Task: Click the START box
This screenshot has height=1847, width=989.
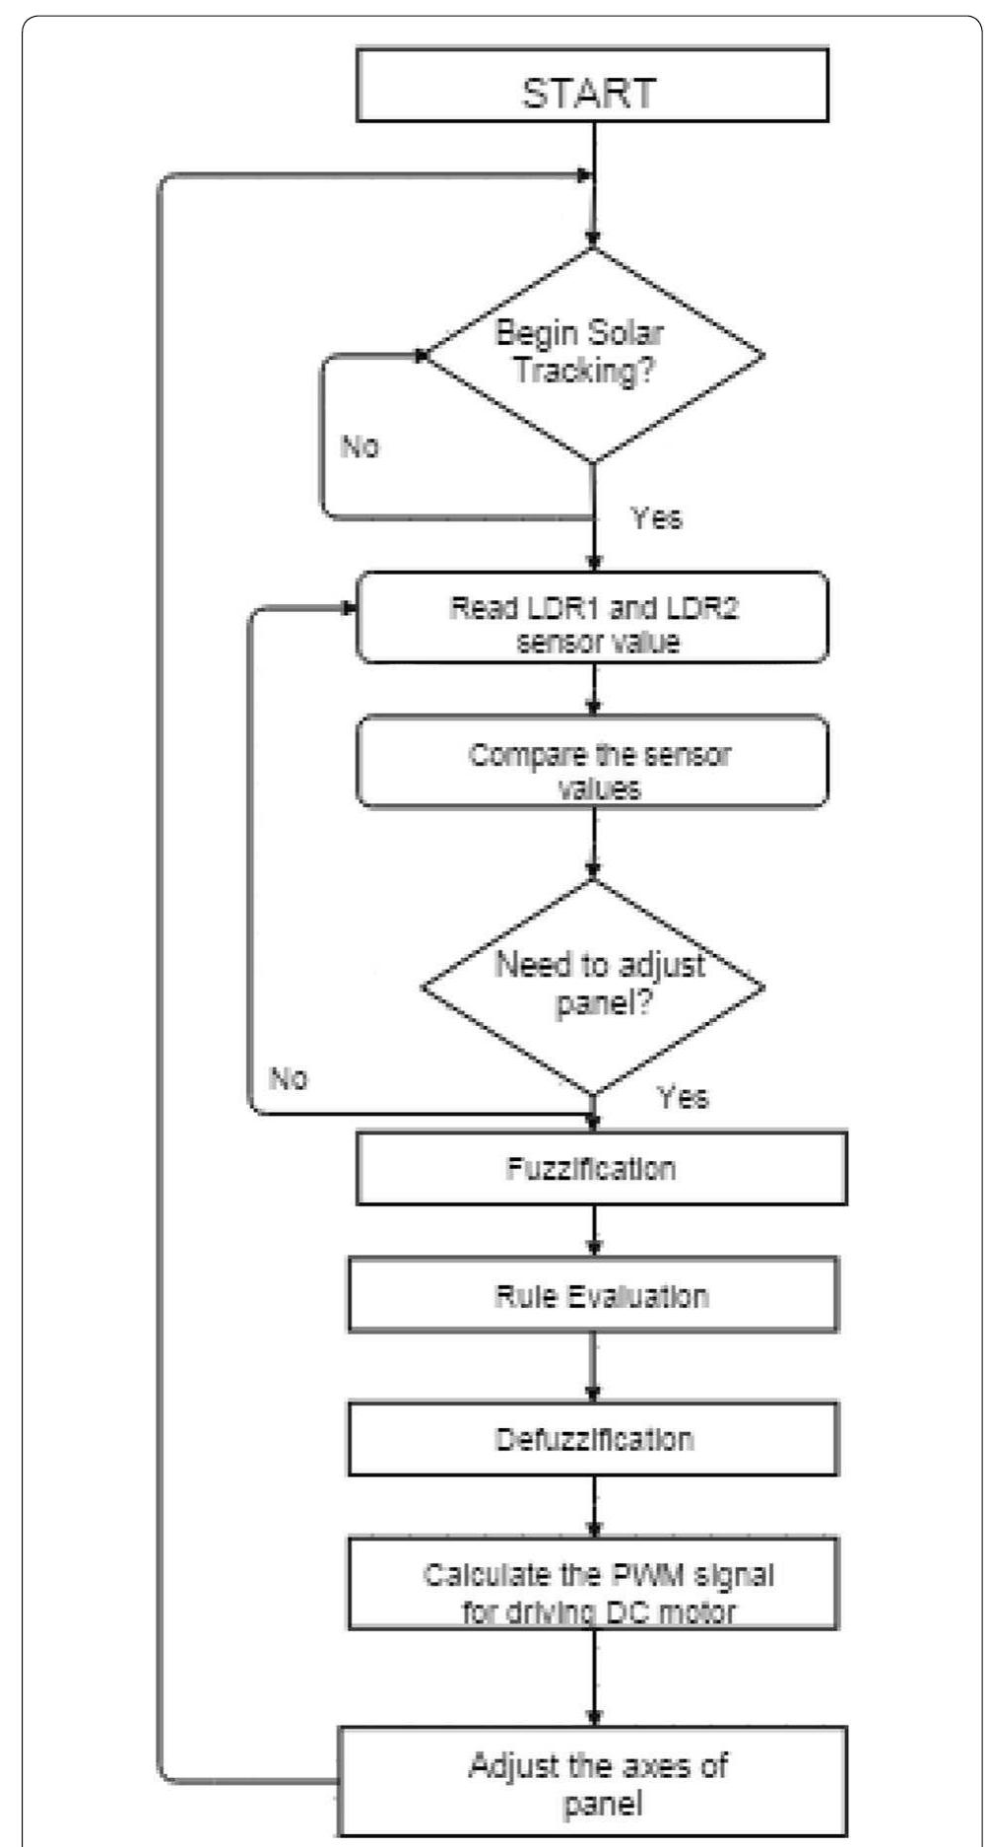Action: [591, 87]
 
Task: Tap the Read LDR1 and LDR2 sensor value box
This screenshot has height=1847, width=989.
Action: [591, 617]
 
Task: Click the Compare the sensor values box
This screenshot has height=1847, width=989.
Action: [591, 762]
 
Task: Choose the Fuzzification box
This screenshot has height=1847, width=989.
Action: [601, 1168]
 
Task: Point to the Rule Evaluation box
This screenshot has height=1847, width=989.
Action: [593, 1294]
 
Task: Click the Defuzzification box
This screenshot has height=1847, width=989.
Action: [593, 1438]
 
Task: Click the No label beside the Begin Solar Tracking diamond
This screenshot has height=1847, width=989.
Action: [360, 446]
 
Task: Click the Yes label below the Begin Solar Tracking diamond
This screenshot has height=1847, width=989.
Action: [656, 517]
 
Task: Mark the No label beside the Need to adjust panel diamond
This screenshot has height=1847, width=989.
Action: [289, 1078]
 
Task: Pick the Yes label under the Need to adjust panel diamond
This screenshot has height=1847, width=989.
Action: [683, 1097]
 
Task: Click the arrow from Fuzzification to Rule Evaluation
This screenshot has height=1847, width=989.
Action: [593, 1230]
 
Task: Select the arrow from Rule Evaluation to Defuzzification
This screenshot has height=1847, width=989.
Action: [593, 1366]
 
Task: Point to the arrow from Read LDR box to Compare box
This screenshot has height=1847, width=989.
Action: [593, 688]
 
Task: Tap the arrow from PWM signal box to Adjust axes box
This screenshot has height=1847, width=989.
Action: [593, 1676]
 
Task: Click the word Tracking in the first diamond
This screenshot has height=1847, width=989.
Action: [584, 373]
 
